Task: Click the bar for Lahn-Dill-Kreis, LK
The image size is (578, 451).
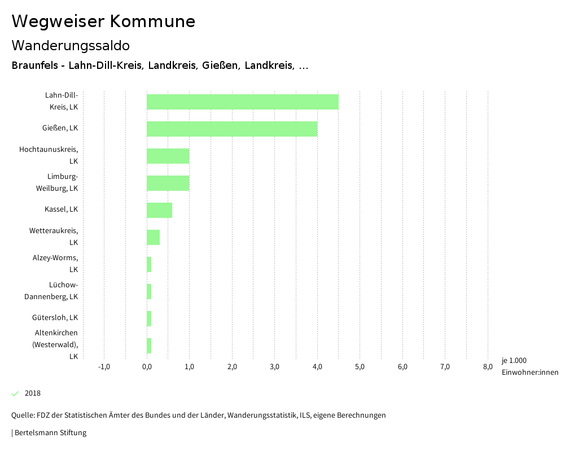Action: pos(243,102)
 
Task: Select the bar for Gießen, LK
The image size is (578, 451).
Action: pos(232,129)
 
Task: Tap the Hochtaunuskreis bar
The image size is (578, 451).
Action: pos(168,156)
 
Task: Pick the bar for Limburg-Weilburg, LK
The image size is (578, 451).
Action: pos(168,183)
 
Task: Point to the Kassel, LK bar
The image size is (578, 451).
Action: pos(159,210)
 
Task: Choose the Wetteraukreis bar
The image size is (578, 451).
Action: pos(153,237)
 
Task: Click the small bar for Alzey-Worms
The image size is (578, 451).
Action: pos(149,264)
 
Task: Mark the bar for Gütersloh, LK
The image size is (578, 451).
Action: pos(149,318)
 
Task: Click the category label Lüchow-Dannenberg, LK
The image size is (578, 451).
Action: pos(51,290)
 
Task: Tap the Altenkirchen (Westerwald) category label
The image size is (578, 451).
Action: pos(55,344)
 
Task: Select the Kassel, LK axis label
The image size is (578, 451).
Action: pos(61,209)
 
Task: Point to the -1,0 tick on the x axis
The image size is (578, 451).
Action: pos(104,367)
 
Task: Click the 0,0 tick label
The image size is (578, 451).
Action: pos(147,367)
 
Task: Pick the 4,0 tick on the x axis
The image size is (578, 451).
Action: pos(317,367)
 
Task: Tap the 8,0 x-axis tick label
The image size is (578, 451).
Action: pos(488,367)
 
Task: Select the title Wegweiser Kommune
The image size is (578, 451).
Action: pos(103,21)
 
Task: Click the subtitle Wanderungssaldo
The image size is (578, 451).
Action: pos(71,45)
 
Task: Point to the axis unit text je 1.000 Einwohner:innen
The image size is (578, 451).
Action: pos(529,366)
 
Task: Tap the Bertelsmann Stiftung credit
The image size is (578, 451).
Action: pos(50,433)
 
